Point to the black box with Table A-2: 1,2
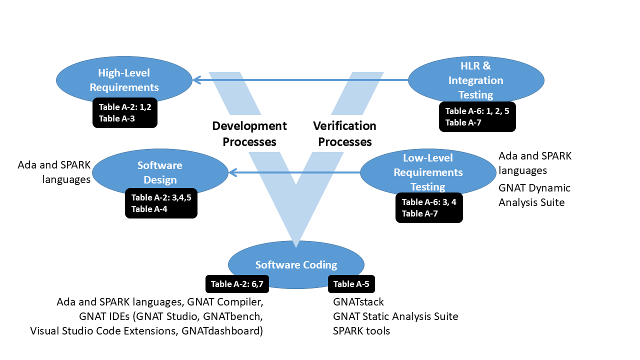125,112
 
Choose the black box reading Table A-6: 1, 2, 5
477,117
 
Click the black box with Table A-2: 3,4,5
161,203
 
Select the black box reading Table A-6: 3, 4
429,207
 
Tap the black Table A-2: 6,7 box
237,284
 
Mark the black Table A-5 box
351,284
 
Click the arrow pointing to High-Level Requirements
300,79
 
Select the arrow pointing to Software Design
294,172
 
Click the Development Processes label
249,134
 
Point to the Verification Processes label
345,134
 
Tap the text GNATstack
358,302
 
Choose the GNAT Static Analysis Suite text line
395,316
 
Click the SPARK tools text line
361,331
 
